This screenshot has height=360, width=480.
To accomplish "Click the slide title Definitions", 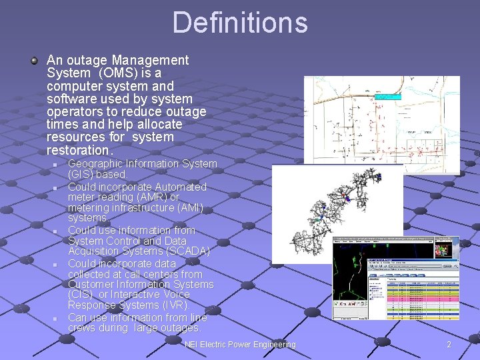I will tap(240, 22).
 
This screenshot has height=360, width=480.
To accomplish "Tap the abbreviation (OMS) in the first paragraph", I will tap(117, 73).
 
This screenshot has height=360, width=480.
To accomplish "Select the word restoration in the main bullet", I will tap(77, 150).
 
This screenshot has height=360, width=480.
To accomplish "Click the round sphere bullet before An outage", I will tap(34, 61).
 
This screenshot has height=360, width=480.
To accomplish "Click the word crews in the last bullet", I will tap(83, 328).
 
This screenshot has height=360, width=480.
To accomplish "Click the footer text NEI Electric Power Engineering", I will tap(240, 345).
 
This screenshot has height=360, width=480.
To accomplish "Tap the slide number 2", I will tap(449, 345).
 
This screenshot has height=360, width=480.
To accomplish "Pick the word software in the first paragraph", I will tap(69, 99).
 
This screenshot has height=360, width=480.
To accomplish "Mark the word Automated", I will tap(177, 187).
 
